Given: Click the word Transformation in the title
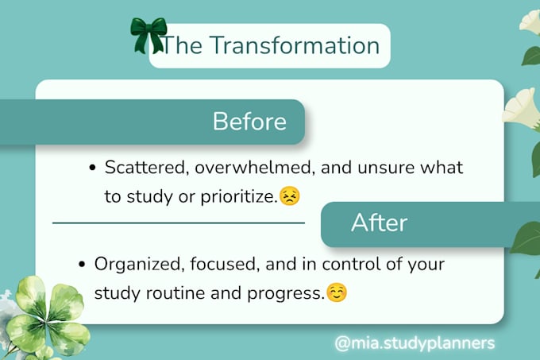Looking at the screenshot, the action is (x=295, y=45).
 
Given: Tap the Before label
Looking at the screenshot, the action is (x=249, y=122).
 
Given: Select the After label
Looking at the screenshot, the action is (x=379, y=223).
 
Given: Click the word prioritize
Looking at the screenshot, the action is (x=239, y=197).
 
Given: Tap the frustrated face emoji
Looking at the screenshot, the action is (x=290, y=195).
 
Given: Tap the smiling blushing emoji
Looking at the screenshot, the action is (x=337, y=292).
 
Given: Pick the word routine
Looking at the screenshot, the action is (x=175, y=293).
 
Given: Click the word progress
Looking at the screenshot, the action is (x=286, y=294).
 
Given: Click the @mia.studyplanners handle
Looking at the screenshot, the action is (x=415, y=343).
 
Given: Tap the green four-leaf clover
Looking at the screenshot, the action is (x=48, y=316).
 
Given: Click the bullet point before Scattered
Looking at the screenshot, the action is (x=92, y=168).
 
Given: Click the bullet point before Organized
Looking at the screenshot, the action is (x=82, y=264).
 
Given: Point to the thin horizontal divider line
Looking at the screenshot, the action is (x=179, y=223).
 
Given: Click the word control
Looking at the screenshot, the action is (x=351, y=264).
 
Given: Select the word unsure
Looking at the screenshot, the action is (x=386, y=168).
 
